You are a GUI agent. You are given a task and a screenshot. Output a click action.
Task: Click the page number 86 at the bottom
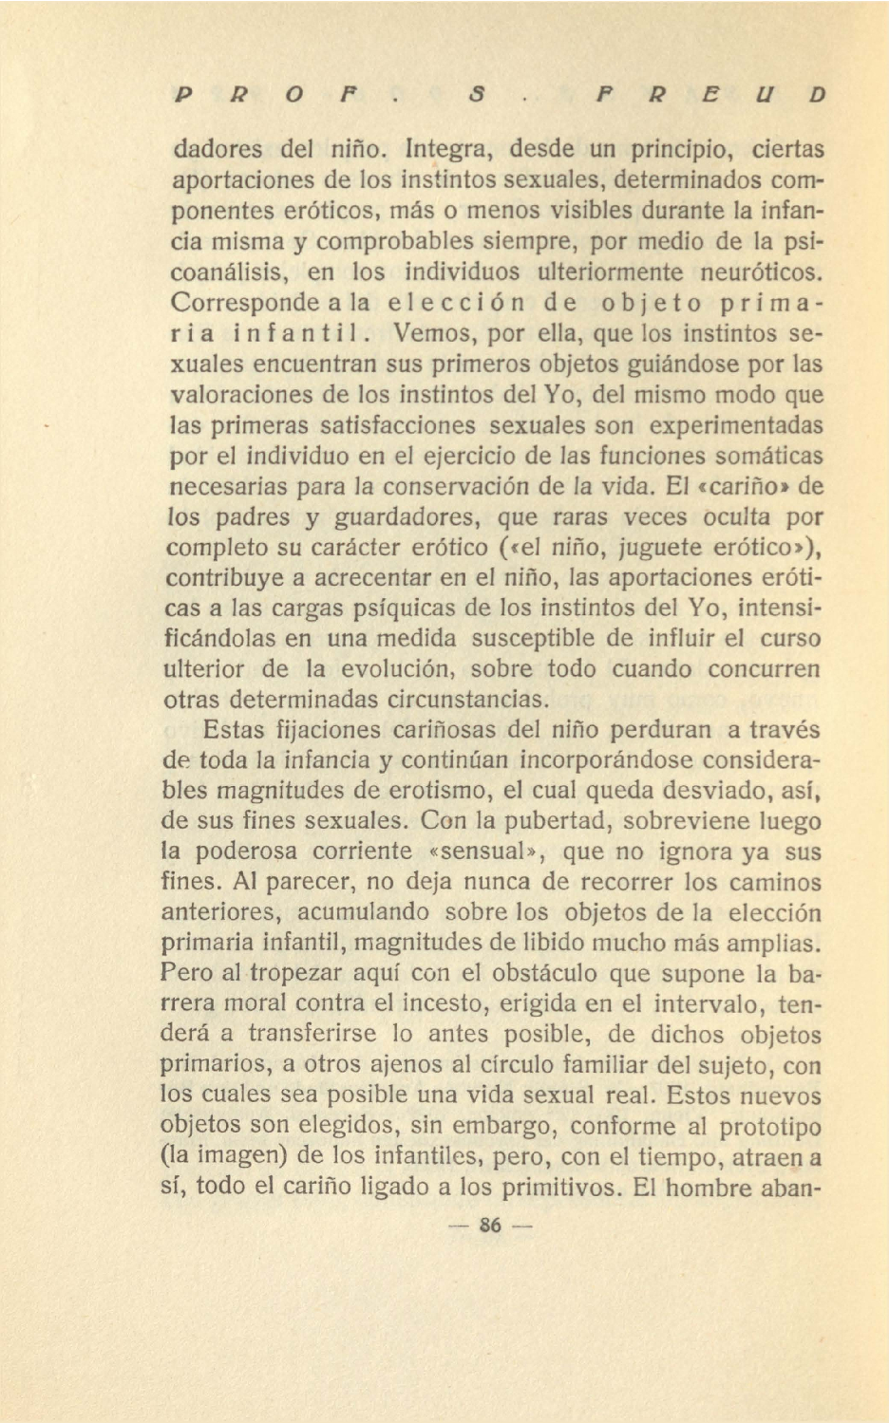tap(490, 1225)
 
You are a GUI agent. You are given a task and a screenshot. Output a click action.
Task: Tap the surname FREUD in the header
tap(709, 95)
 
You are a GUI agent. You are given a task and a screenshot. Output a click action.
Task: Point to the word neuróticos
tap(760, 272)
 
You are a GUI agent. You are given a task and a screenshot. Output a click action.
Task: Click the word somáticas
tap(766, 456)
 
